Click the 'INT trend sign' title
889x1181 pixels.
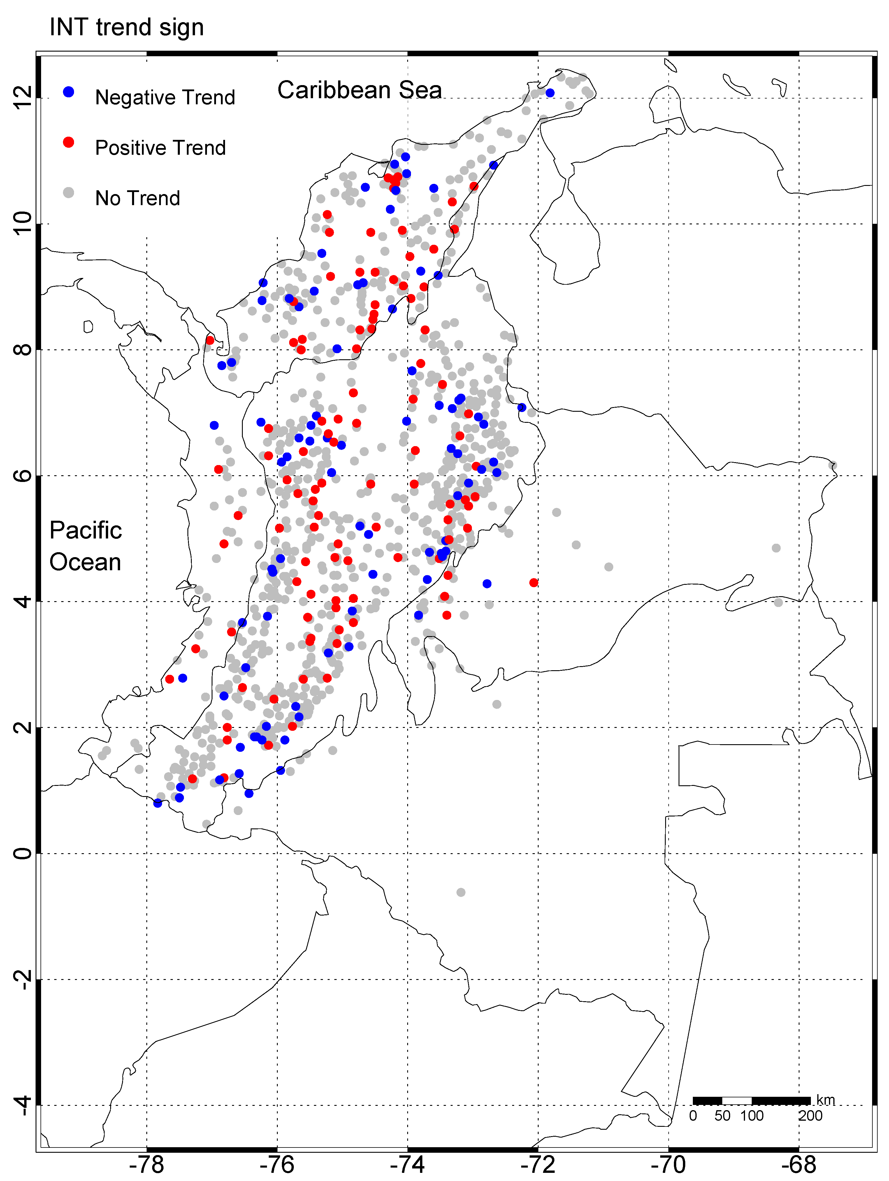[x=127, y=27]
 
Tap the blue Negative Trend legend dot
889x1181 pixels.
[x=68, y=92]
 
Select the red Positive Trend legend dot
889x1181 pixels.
[x=68, y=142]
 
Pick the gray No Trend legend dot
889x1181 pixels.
[x=68, y=192]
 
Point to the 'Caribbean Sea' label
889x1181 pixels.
[x=359, y=90]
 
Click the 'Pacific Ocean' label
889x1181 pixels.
[x=85, y=546]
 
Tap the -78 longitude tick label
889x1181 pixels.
[x=147, y=1164]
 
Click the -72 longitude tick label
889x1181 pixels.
[x=538, y=1164]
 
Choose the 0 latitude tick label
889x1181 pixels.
[x=22, y=853]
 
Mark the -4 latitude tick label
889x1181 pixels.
[x=22, y=1105]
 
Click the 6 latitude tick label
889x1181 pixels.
[x=22, y=476]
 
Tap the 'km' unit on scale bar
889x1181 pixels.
[x=825, y=1099]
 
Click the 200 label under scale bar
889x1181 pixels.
[x=810, y=1115]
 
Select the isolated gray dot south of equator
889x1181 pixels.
[x=461, y=892]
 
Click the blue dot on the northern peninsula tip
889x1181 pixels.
[x=550, y=93]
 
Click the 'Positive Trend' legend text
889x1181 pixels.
[x=160, y=148]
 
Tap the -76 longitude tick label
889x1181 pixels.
[x=277, y=1164]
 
